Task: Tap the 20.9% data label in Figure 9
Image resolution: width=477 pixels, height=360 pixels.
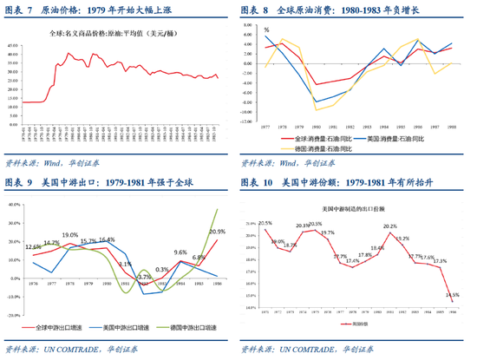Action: (217, 232)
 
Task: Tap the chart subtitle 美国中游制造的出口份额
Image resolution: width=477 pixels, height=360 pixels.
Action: (355, 209)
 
